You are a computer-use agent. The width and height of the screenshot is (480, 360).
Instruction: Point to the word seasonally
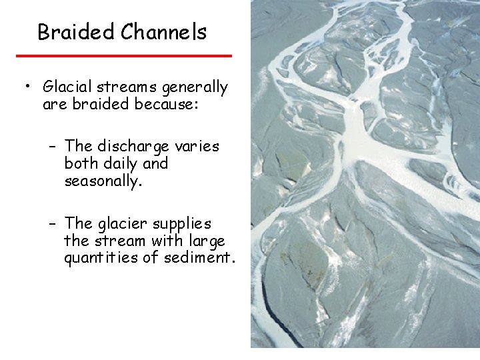coord(103,181)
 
